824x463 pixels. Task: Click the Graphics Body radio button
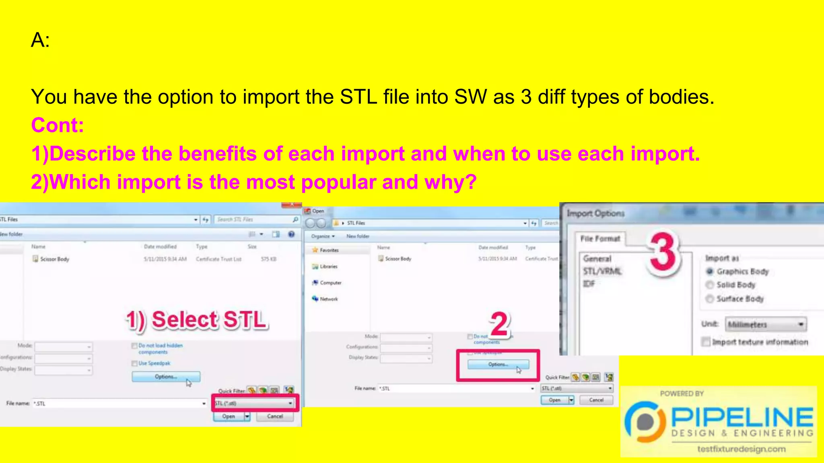coord(710,271)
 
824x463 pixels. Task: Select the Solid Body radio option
coord(710,285)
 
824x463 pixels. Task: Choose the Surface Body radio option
coord(710,299)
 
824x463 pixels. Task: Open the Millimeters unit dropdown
coord(766,324)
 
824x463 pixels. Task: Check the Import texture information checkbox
coord(706,342)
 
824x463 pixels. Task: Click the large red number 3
coord(663,253)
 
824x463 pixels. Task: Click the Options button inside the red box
coord(498,365)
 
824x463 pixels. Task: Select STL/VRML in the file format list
coord(602,271)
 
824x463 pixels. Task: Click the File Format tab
coord(600,239)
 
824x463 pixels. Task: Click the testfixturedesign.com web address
coord(741,449)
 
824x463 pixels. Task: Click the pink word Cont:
coord(58,125)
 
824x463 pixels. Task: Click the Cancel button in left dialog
coord(275,416)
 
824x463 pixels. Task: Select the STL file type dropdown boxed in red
coord(255,403)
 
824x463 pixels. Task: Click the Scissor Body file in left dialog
coord(54,259)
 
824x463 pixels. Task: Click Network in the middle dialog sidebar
coord(328,299)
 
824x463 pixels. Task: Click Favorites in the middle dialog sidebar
coord(329,250)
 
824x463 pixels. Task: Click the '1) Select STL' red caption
coord(197,320)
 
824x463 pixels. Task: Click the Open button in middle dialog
coord(554,400)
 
